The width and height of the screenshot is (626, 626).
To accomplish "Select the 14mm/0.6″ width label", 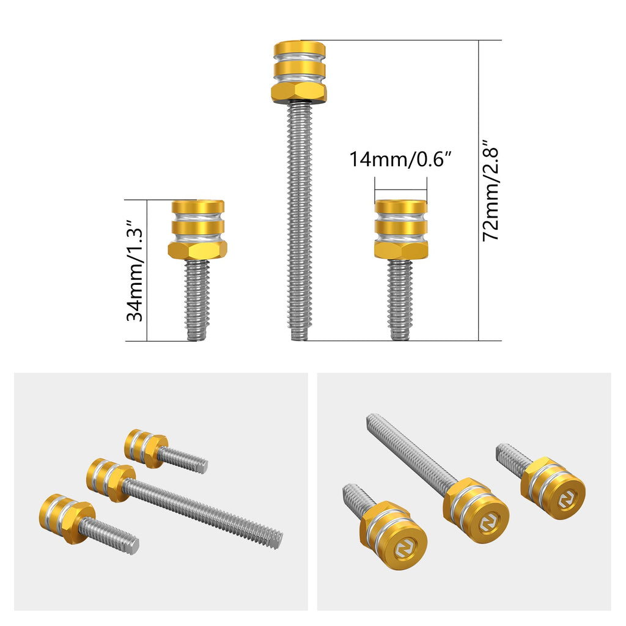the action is click(x=400, y=159).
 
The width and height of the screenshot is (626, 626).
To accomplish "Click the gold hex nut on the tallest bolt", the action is click(x=298, y=93).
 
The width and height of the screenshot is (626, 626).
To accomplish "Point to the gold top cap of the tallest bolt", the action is click(x=300, y=48).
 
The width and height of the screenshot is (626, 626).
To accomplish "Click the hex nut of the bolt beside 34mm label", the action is click(x=197, y=250).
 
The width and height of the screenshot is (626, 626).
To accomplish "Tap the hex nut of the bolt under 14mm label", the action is click(x=401, y=250).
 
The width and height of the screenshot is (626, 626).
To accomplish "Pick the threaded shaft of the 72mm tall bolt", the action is click(x=298, y=221).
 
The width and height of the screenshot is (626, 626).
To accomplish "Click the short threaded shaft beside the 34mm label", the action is click(x=197, y=300).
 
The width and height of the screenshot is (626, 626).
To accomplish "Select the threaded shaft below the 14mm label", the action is click(x=400, y=300).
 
